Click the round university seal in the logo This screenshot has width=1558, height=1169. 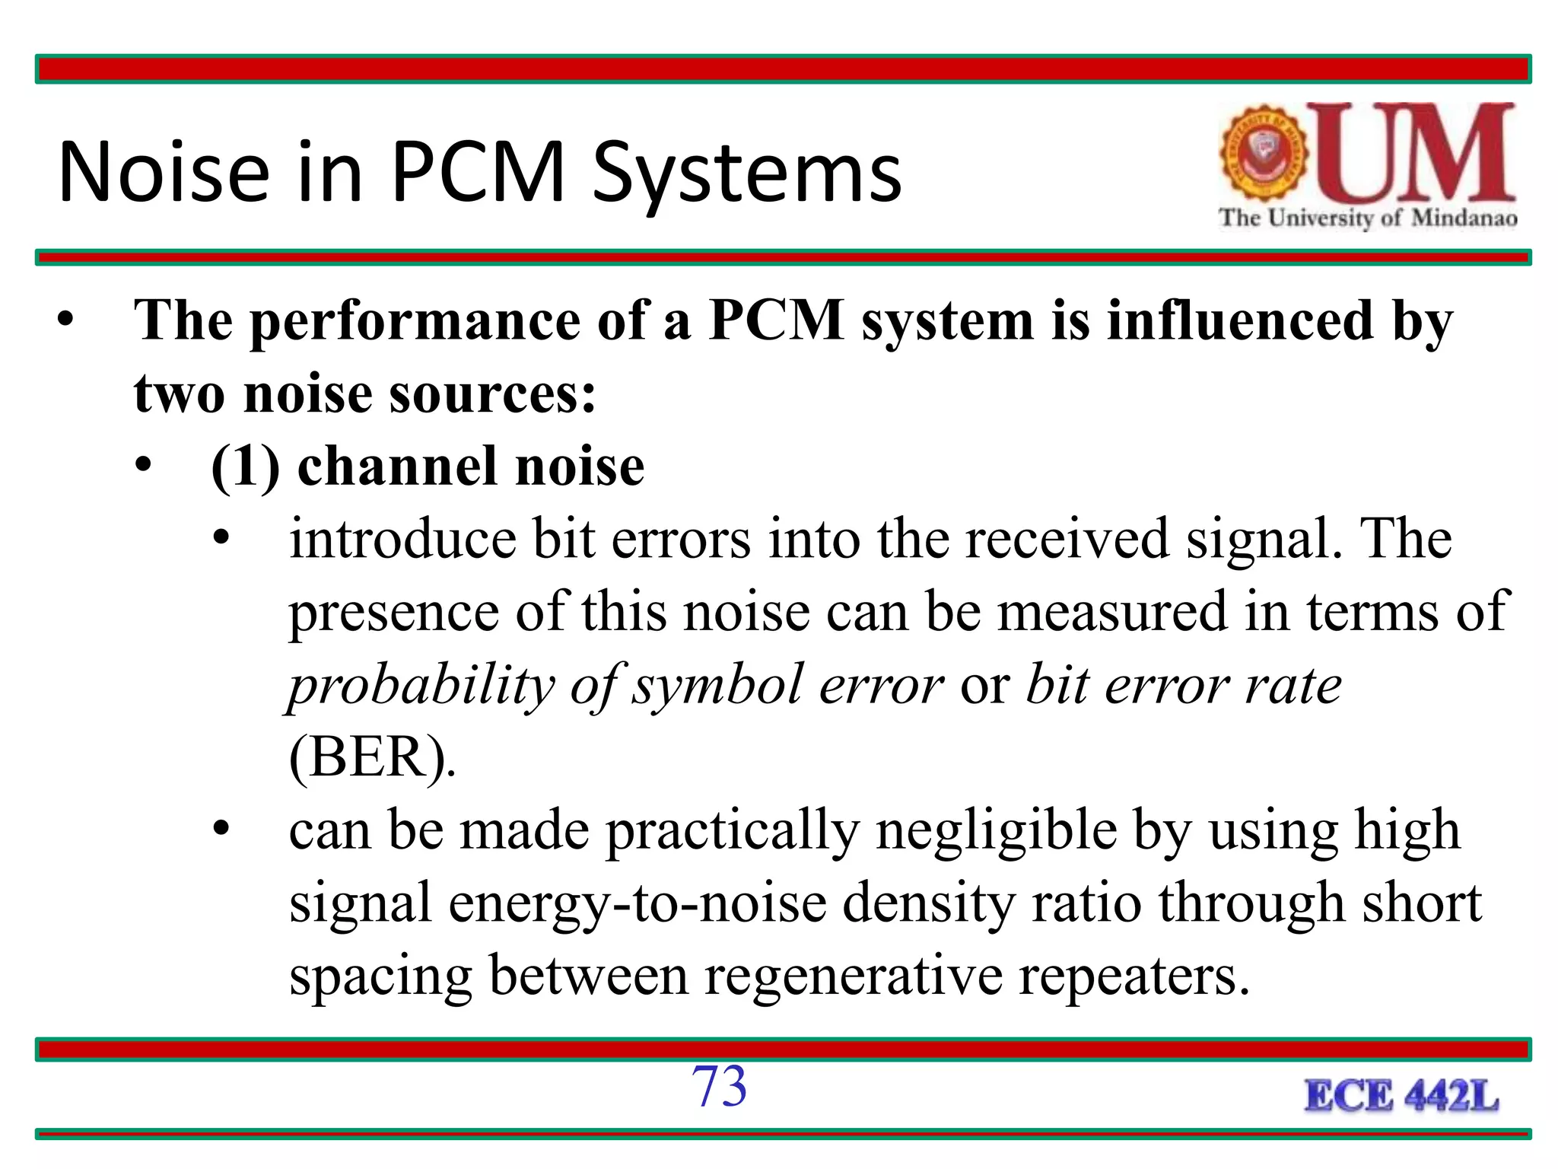[x=1264, y=153]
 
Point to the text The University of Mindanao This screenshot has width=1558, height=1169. [x=1368, y=218]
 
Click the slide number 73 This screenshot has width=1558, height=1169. [x=719, y=1086]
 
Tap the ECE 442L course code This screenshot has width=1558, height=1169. [x=1402, y=1097]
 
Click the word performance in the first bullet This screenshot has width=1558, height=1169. [x=415, y=321]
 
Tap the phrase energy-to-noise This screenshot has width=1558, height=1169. [x=638, y=903]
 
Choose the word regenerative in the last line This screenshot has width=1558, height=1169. [x=853, y=976]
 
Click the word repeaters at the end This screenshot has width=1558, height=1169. [x=1133, y=976]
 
